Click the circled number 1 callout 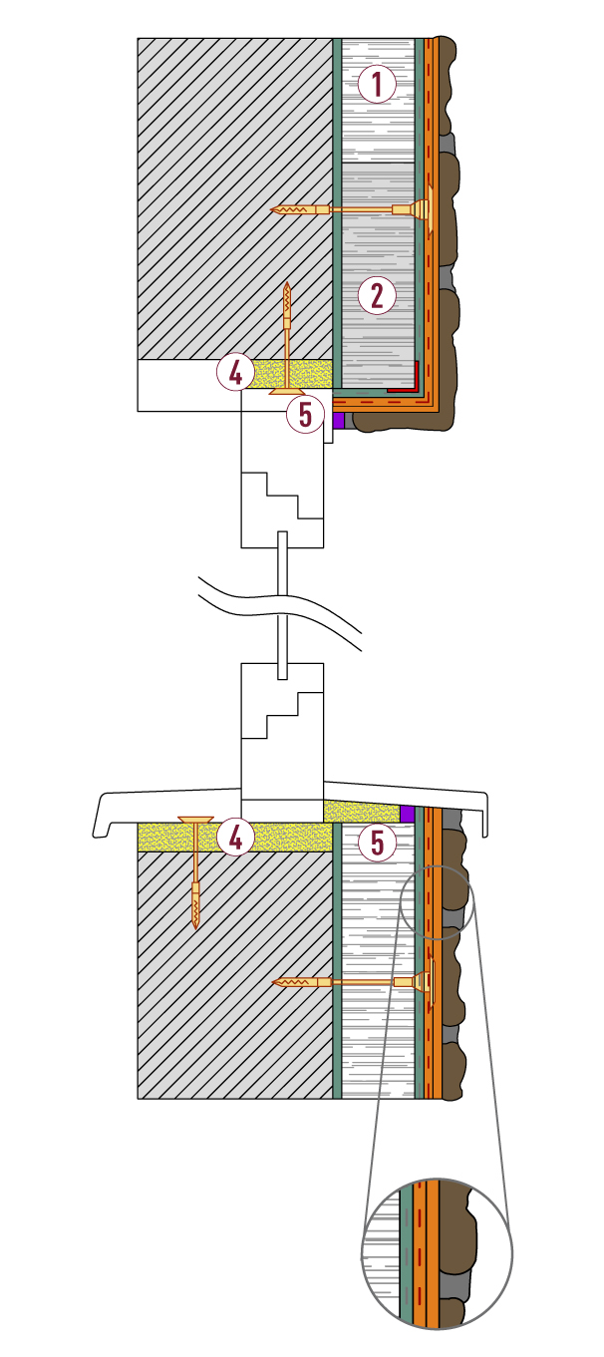pos(377,84)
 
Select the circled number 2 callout pos(377,296)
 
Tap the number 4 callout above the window pos(235,373)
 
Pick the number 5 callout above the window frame pos(305,415)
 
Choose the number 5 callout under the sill pos(377,843)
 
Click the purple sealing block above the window pos(339,421)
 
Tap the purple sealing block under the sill pos(407,814)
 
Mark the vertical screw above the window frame pos(288,339)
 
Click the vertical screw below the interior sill pos(195,872)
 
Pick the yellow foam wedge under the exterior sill pos(361,812)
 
